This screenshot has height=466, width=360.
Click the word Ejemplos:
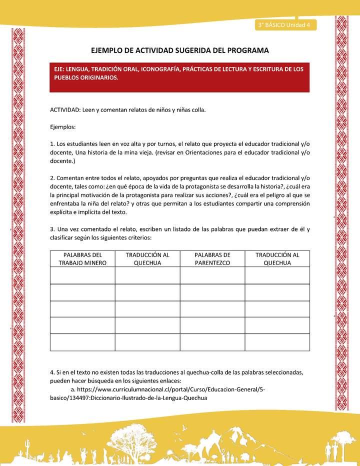63,127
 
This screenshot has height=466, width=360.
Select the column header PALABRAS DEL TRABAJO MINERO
82,258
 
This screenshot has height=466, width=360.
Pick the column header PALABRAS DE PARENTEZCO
212,258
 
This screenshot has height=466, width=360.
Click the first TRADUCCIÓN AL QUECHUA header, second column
147,258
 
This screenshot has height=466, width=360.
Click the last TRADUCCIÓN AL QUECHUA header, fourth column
277,258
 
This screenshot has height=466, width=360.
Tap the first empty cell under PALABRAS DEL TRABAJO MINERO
82,275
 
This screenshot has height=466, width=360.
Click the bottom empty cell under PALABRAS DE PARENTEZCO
212,342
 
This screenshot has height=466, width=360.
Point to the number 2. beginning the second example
52,178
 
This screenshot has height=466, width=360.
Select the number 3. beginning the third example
52,229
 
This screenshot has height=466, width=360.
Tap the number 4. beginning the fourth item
52,372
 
